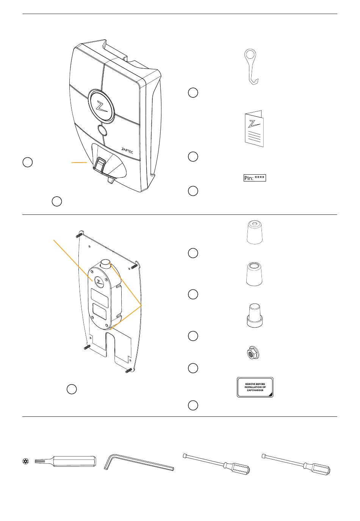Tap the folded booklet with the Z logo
254,129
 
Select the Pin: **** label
254,178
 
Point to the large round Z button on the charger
101,106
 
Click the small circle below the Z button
102,131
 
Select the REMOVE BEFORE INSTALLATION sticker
255,387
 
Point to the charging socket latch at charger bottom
101,165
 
